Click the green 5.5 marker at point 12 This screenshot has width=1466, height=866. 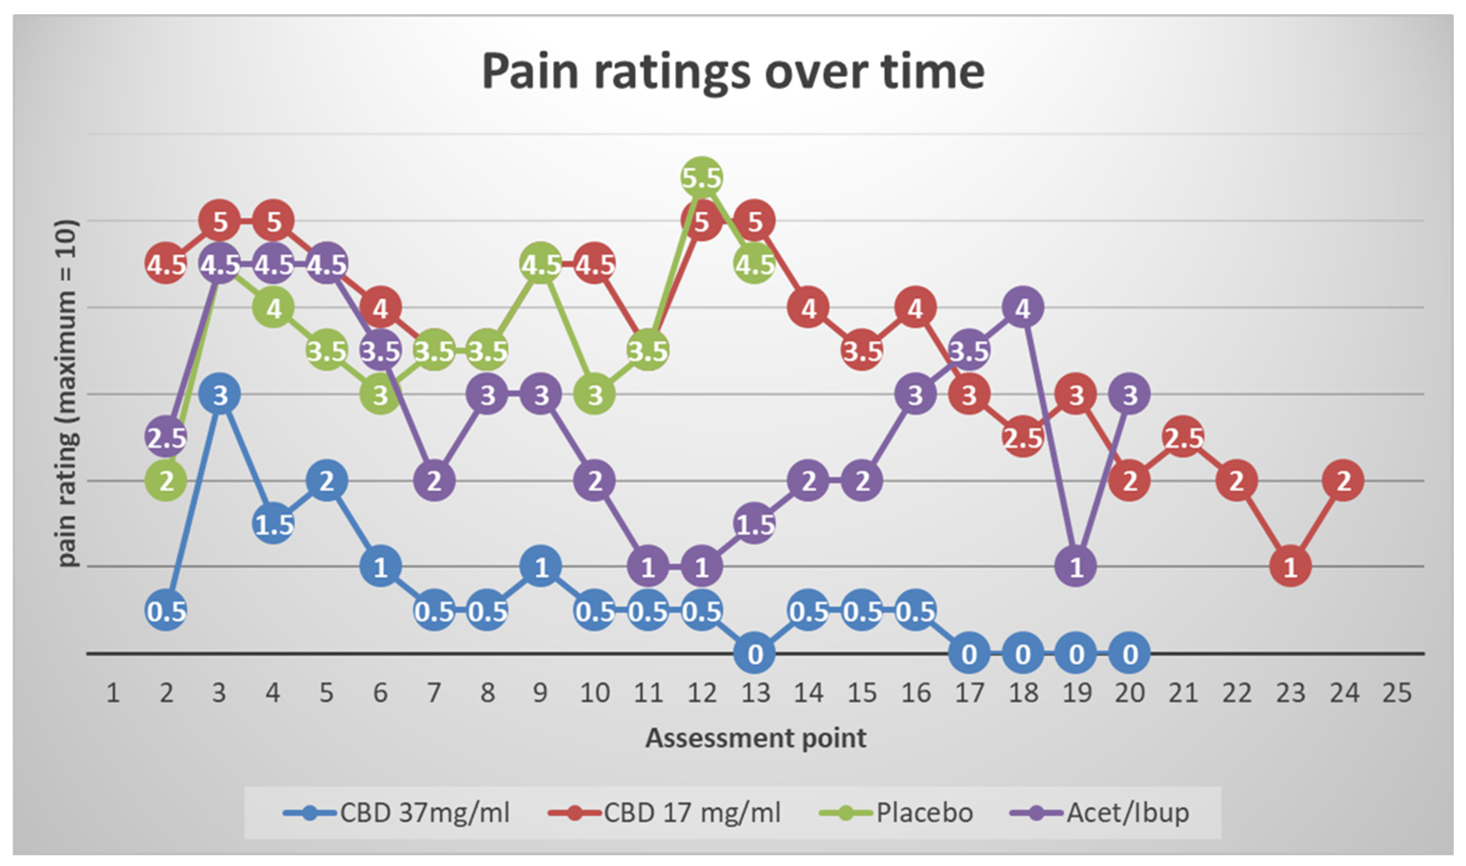[x=702, y=177]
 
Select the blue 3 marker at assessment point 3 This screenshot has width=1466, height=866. [x=219, y=395]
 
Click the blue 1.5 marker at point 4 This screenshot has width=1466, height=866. [x=273, y=524]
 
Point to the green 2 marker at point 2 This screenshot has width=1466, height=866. [x=166, y=481]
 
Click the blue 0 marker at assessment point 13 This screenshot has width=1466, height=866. [x=755, y=654]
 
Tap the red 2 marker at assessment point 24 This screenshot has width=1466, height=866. [x=1343, y=481]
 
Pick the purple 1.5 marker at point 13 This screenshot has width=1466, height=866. [x=755, y=524]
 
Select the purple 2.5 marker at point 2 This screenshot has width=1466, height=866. [x=166, y=437]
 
